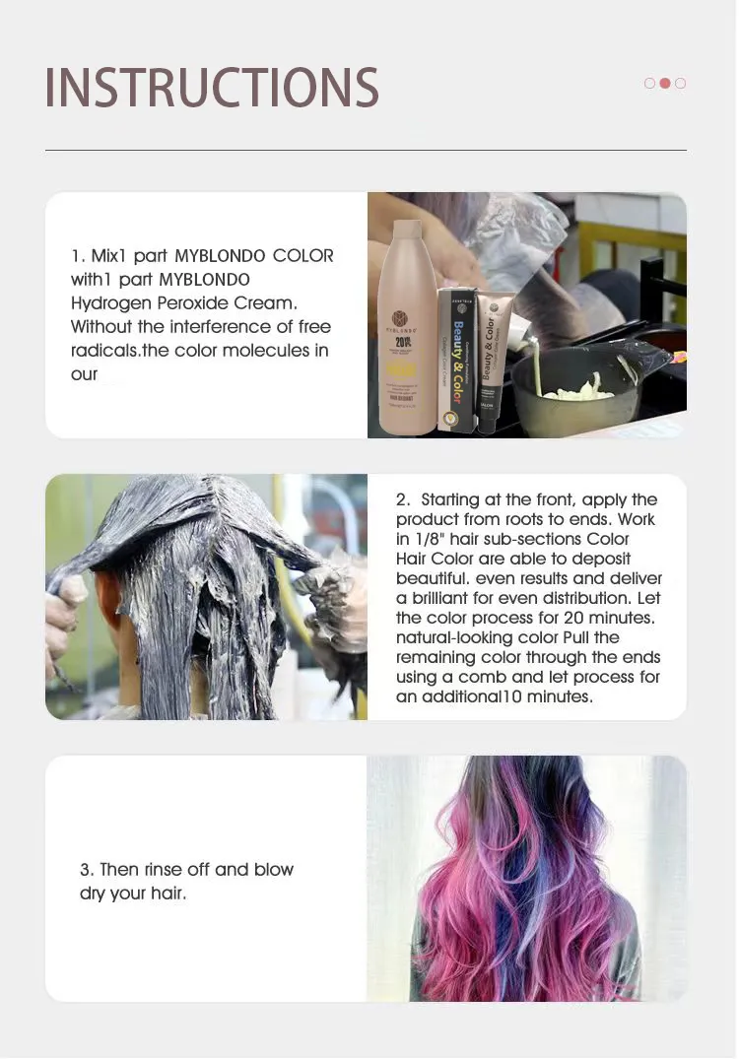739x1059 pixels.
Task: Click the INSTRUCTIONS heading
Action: [212, 87]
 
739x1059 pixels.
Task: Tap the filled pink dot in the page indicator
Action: [665, 83]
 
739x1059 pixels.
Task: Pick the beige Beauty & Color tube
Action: [492, 362]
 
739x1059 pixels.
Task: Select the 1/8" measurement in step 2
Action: [429, 539]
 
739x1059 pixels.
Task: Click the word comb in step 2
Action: [482, 677]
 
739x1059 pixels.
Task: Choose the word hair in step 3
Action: [167, 893]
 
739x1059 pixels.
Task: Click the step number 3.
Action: [86, 869]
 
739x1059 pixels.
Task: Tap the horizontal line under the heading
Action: [367, 150]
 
